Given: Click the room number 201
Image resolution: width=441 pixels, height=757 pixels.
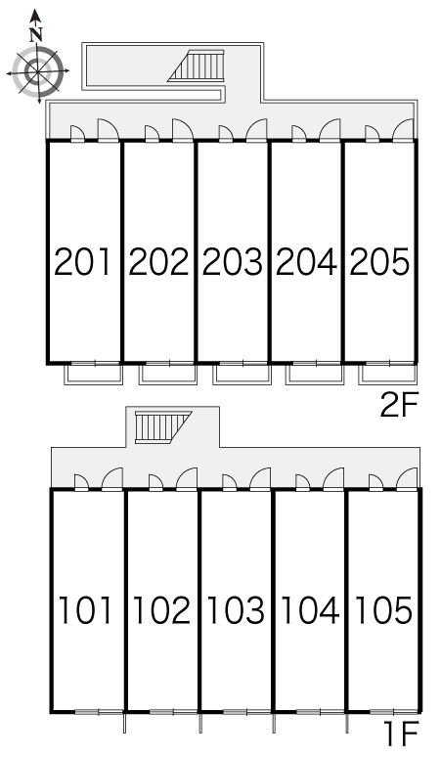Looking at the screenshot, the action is (82, 262).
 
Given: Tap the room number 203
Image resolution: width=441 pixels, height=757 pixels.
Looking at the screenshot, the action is (233, 262).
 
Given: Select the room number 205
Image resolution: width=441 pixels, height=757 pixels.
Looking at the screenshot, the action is (379, 262).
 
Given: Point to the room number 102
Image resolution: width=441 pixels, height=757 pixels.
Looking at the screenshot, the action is (161, 609).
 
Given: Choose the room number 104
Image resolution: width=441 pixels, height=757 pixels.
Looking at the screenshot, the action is (310, 609).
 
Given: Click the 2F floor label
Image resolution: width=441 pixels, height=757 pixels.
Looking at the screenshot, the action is (399, 406).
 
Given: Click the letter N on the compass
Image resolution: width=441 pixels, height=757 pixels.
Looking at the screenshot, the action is (36, 34).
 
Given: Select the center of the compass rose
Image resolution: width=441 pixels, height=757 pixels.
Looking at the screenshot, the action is (37, 71).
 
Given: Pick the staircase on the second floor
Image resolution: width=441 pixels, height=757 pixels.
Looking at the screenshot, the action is (197, 66).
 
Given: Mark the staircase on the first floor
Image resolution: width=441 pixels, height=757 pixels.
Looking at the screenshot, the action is (162, 426).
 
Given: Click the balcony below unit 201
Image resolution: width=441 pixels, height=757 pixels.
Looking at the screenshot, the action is (94, 375).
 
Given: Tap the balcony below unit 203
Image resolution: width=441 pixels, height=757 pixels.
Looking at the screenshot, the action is (242, 375).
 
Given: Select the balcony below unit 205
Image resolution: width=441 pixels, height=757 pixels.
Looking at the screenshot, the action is (387, 375).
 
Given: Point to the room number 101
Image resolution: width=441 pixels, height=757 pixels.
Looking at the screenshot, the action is (86, 609).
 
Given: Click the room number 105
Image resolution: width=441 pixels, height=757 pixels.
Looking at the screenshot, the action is (383, 609).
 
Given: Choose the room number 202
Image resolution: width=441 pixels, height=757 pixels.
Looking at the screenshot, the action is (158, 262).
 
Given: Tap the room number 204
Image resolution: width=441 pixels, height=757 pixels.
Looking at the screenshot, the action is (306, 262).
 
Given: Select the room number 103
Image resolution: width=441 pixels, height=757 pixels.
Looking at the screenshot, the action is (236, 609).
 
